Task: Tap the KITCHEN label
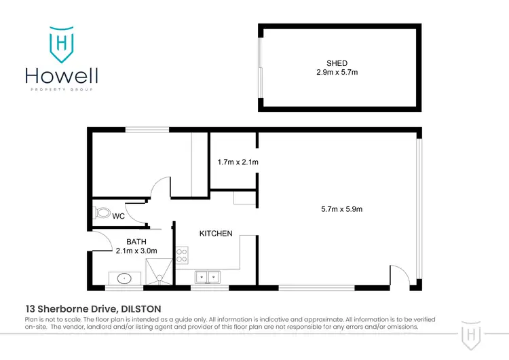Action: click(x=216, y=234)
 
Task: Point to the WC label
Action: click(x=118, y=217)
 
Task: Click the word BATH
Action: click(x=136, y=241)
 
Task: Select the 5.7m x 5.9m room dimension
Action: click(x=341, y=209)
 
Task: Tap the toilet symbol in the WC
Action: click(x=102, y=213)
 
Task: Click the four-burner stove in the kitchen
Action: click(x=182, y=255)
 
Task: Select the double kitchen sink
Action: click(x=207, y=276)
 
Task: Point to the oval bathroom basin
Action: click(x=124, y=278)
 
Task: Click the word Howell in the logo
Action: click(x=62, y=76)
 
